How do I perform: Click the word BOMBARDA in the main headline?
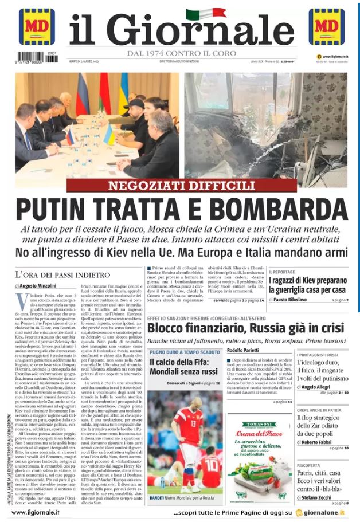[x=285, y=210]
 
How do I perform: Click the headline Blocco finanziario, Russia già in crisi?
[x=245, y=328]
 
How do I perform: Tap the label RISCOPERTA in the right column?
[x=308, y=465]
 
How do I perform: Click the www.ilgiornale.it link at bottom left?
[x=38, y=512]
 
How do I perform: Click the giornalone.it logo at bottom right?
[x=324, y=512]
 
